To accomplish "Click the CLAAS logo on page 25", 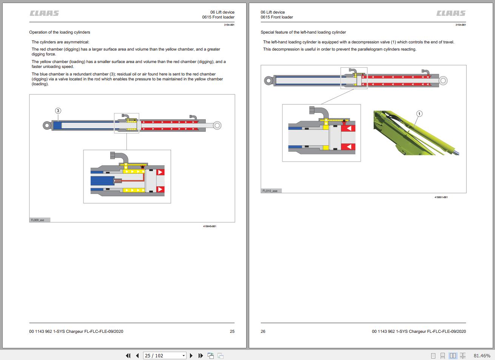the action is [x=44, y=13].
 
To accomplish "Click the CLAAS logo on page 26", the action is [x=451, y=13].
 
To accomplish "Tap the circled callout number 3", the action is [x=58, y=111].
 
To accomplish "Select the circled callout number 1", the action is [x=419, y=114].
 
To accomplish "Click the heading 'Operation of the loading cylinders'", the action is [x=60, y=32].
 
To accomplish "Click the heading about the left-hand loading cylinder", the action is [x=303, y=32].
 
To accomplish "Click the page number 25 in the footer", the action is [x=232, y=331].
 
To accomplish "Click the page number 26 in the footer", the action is [x=263, y=331].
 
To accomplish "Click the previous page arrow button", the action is [x=137, y=355].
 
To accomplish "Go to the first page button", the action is [x=128, y=355].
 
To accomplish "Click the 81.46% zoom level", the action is [x=482, y=355].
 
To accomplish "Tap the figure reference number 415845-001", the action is [x=210, y=226].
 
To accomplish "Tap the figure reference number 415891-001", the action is [x=441, y=197].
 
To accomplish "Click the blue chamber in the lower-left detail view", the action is [x=102, y=181].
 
